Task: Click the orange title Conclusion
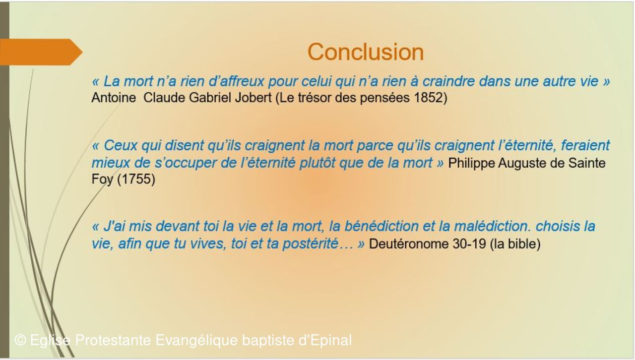[366, 52]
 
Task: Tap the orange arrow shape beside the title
[41, 52]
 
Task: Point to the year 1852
[428, 98]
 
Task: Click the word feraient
[586, 145]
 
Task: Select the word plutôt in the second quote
[317, 163]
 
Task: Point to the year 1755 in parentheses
[136, 179]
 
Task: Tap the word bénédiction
[381, 227]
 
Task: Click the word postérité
[311, 244]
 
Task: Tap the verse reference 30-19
[469, 244]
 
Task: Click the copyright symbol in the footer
[20, 340]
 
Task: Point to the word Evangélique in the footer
[196, 340]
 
